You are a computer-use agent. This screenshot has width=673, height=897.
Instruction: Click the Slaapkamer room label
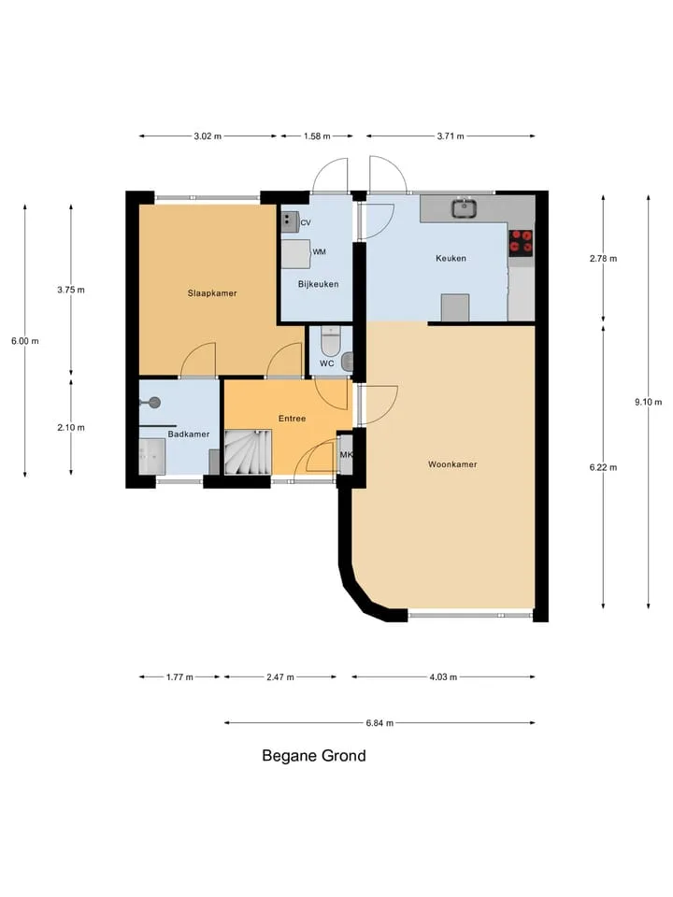pyautogui.click(x=212, y=293)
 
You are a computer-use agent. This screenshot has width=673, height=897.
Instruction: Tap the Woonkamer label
pyautogui.click(x=452, y=464)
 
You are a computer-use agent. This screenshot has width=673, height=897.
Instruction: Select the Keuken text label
pyautogui.click(x=451, y=259)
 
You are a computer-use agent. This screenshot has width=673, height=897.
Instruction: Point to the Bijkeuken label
pyautogui.click(x=318, y=284)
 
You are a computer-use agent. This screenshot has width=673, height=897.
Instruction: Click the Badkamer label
pyautogui.click(x=188, y=434)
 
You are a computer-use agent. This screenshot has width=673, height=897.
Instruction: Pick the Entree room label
pyautogui.click(x=292, y=419)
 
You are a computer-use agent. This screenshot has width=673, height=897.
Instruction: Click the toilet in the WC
pyautogui.click(x=330, y=341)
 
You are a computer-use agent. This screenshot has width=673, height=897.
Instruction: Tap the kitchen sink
pyautogui.click(x=465, y=208)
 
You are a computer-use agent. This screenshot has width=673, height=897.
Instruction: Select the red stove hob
pyautogui.click(x=521, y=241)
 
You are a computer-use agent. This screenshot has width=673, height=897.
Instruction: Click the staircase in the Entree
pyautogui.click(x=247, y=452)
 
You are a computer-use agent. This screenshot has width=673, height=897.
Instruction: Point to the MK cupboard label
pyautogui.click(x=346, y=455)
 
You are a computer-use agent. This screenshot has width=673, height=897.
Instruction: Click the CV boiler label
pyautogui.click(x=306, y=223)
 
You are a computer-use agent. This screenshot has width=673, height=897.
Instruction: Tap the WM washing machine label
pyautogui.click(x=320, y=251)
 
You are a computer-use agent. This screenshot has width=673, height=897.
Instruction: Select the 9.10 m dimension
pyautogui.click(x=648, y=402)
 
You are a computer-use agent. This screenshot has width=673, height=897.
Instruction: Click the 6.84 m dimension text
pyautogui.click(x=380, y=723)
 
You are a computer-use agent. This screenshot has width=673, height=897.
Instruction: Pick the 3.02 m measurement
pyautogui.click(x=208, y=136)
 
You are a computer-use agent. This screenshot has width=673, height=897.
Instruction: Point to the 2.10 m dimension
pyautogui.click(x=71, y=427)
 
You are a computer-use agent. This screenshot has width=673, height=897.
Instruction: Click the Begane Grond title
pyautogui.click(x=314, y=756)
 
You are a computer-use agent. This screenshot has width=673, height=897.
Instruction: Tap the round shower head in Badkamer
pyautogui.click(x=154, y=403)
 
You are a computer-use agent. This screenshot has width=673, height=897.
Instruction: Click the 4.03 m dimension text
pyautogui.click(x=443, y=677)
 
